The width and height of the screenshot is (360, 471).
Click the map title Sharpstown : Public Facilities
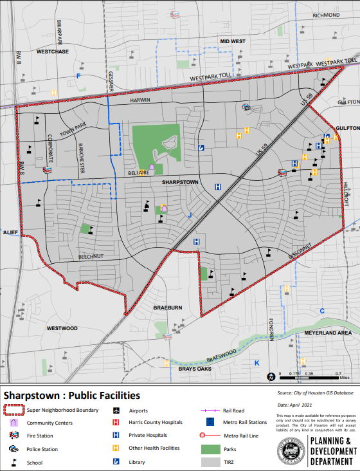pos(71,395)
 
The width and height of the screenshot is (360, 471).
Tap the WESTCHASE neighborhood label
pos(53,51)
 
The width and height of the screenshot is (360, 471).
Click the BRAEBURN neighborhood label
pos(169,308)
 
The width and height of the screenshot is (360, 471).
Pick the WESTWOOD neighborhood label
pos(62,328)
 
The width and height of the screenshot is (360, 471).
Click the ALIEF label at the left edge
pos(10,232)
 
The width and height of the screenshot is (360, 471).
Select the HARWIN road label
pos(139,100)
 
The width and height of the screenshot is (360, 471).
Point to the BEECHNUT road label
pos(90,256)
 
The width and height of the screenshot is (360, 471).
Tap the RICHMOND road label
pos(326,15)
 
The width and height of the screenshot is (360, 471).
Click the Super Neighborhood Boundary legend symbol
pos(14,410)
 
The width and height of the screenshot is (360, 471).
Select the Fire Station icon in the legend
pos(14,436)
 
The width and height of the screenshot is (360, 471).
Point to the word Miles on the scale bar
pos(344,378)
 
